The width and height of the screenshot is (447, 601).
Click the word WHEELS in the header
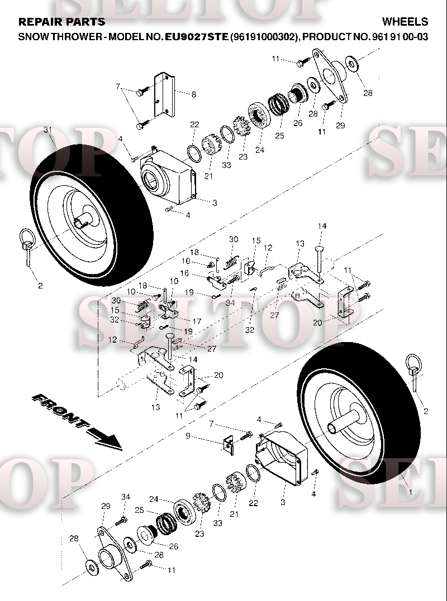[405, 21]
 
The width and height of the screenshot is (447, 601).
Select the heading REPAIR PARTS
[62, 21]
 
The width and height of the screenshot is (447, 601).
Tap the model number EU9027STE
[197, 37]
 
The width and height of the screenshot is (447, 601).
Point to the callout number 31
[47, 130]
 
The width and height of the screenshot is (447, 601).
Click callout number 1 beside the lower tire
[410, 492]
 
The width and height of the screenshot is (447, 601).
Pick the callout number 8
[194, 94]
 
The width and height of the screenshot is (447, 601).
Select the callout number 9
[188, 436]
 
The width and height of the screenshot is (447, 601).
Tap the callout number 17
[197, 321]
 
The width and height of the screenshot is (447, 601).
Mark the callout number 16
[184, 273]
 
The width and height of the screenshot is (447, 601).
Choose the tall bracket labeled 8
[164, 94]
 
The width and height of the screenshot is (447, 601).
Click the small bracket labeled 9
[229, 445]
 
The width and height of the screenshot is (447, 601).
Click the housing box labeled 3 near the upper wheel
[169, 176]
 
